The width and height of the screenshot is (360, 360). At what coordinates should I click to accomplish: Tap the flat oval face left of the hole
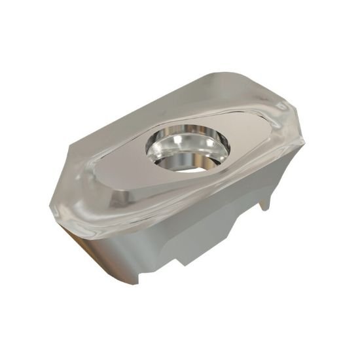tap(131, 171)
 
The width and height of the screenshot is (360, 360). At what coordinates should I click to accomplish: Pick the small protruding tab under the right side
tap(264, 204)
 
